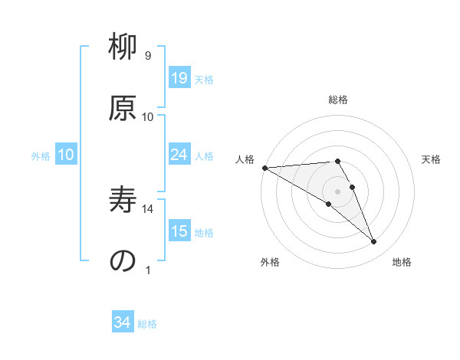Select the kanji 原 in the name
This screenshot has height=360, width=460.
[x=123, y=107]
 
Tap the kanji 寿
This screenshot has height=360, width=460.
[x=123, y=200]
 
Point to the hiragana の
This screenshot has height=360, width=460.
[x=123, y=260]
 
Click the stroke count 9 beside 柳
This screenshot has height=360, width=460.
[x=147, y=56]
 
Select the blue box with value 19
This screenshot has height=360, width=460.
[x=179, y=78]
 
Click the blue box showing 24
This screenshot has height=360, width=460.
[x=179, y=155]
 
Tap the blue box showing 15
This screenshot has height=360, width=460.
[x=179, y=231]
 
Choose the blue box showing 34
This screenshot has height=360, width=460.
[x=122, y=323]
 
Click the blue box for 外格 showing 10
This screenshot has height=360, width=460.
[x=66, y=155]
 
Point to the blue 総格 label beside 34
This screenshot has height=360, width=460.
[x=147, y=324]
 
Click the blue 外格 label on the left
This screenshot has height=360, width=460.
[x=41, y=155]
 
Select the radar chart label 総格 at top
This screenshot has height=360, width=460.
[x=337, y=100]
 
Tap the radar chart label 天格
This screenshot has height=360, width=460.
[x=431, y=159]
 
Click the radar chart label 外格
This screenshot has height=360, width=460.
[x=270, y=262]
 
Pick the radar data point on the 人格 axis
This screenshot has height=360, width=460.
[x=264, y=168]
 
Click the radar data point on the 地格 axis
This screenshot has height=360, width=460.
[x=374, y=242]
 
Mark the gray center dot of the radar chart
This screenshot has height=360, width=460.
[x=337, y=191]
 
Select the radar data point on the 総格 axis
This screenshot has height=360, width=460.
[x=337, y=161]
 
